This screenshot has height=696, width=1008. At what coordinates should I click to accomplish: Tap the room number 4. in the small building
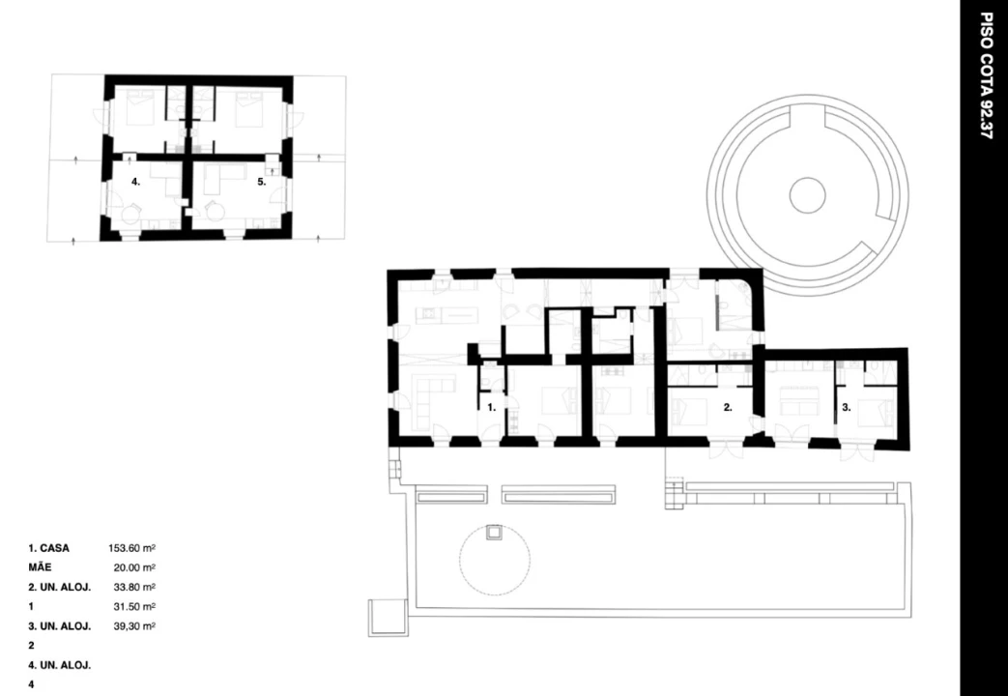point(135,182)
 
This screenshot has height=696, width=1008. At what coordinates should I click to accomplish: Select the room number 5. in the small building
point(262,182)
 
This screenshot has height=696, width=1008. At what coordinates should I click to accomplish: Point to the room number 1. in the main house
point(492,407)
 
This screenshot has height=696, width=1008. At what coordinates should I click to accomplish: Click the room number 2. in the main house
point(728,407)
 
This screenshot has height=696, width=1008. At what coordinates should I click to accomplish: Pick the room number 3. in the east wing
point(847,407)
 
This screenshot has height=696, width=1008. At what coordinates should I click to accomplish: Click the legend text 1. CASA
point(49,548)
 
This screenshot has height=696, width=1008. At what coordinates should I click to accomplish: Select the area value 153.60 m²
point(131,548)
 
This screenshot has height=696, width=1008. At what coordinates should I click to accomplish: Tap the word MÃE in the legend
point(40,567)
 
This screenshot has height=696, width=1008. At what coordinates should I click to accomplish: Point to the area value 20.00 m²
point(134,567)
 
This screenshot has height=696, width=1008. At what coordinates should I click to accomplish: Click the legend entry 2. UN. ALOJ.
point(60,587)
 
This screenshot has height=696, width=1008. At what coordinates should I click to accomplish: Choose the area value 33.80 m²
point(134,587)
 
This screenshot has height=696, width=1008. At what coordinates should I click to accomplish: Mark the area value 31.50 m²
point(134,606)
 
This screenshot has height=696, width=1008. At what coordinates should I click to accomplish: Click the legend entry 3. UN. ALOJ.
point(60,625)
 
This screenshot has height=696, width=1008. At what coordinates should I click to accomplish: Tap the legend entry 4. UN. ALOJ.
point(60,664)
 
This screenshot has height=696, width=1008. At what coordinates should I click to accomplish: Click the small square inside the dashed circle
point(494,534)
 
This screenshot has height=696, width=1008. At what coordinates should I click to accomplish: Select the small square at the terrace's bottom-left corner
point(388,618)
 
